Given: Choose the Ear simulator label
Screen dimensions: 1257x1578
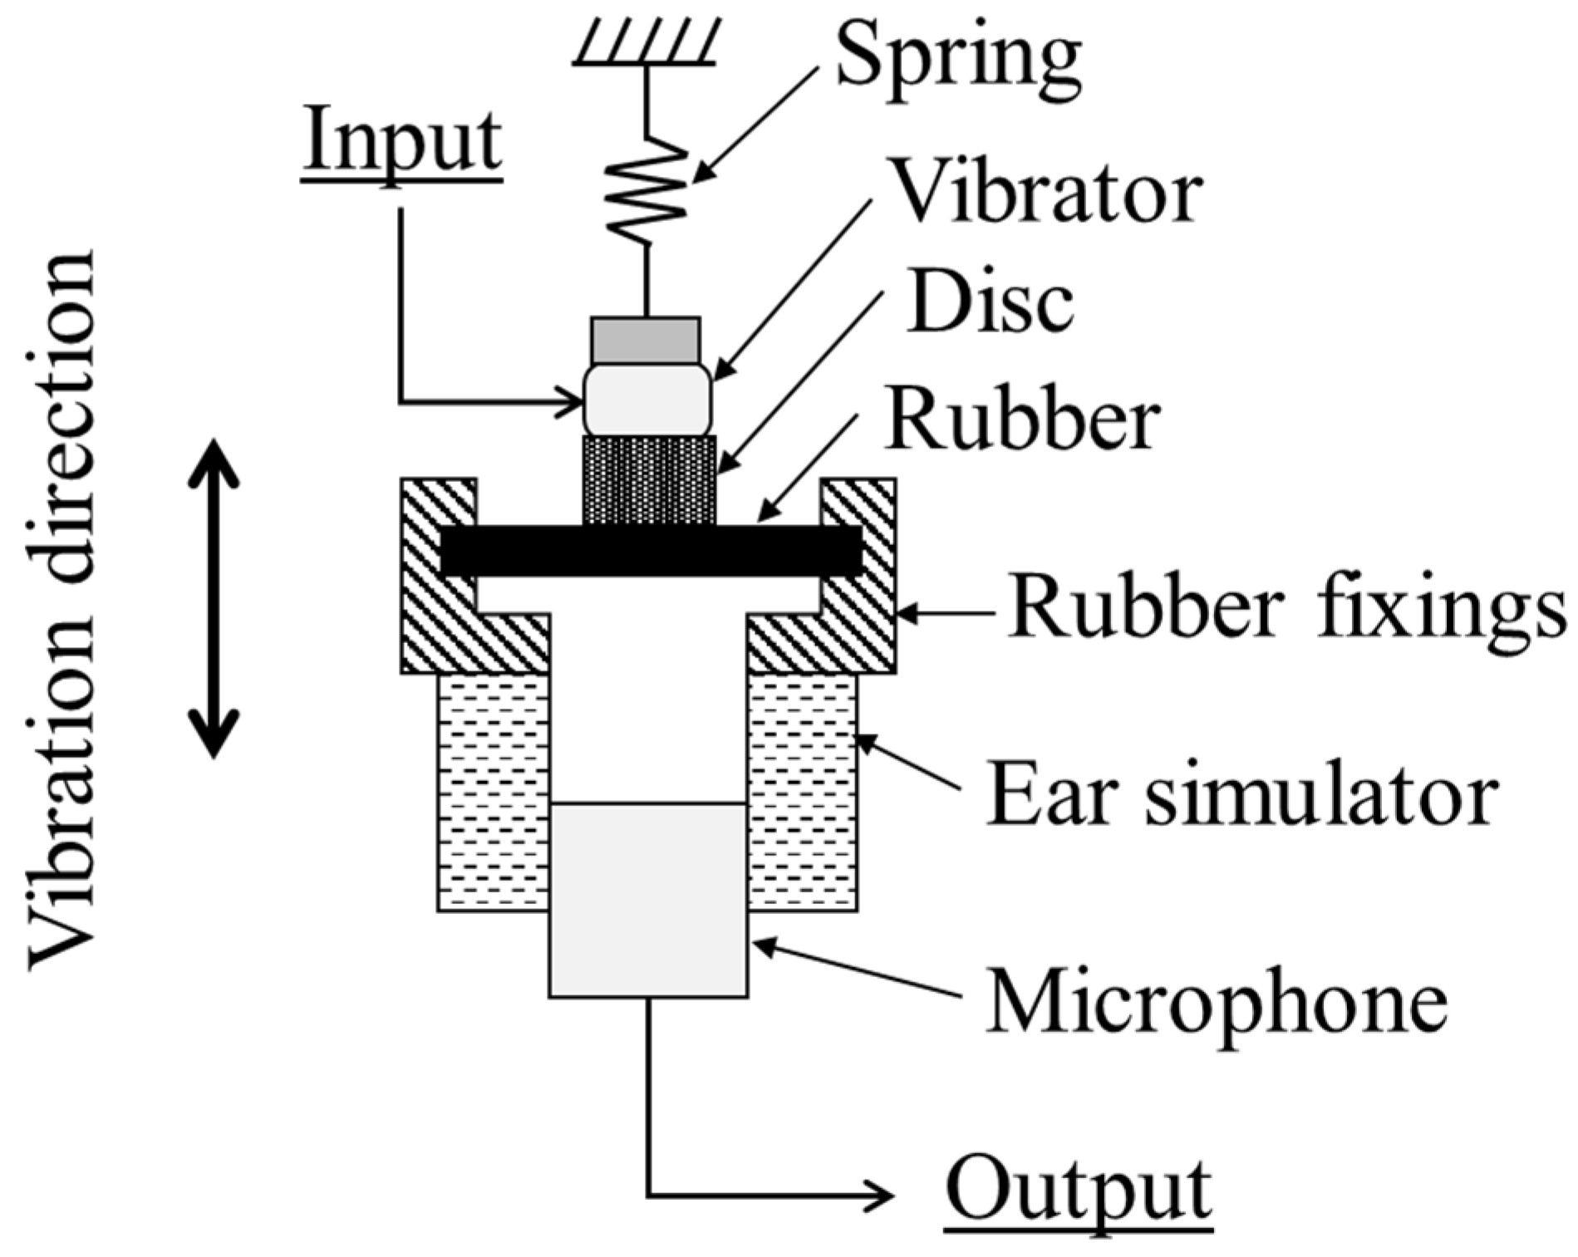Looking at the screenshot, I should coord(1241,796).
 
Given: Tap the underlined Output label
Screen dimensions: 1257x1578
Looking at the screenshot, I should coord(1078,1190).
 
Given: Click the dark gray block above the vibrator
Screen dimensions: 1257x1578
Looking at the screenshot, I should coord(646,339).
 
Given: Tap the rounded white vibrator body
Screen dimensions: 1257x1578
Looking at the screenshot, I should coord(647,400).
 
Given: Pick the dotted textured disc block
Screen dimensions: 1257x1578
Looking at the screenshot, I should coord(649,480).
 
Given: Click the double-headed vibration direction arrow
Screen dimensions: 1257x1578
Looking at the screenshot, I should coord(214,598).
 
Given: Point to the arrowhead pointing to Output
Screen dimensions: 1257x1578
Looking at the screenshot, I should coord(881,1196).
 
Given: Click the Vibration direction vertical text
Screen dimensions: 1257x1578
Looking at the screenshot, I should coord(62,611).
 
